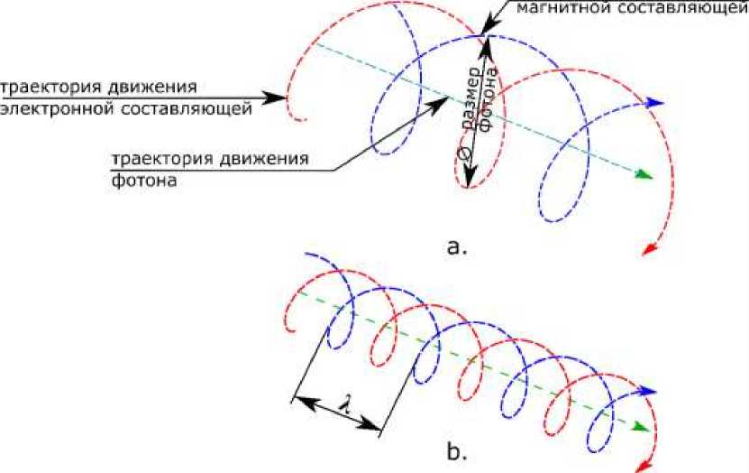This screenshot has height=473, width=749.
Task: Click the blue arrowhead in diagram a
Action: [x=657, y=103]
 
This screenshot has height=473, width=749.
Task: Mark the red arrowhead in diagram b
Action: [x=644, y=463]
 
